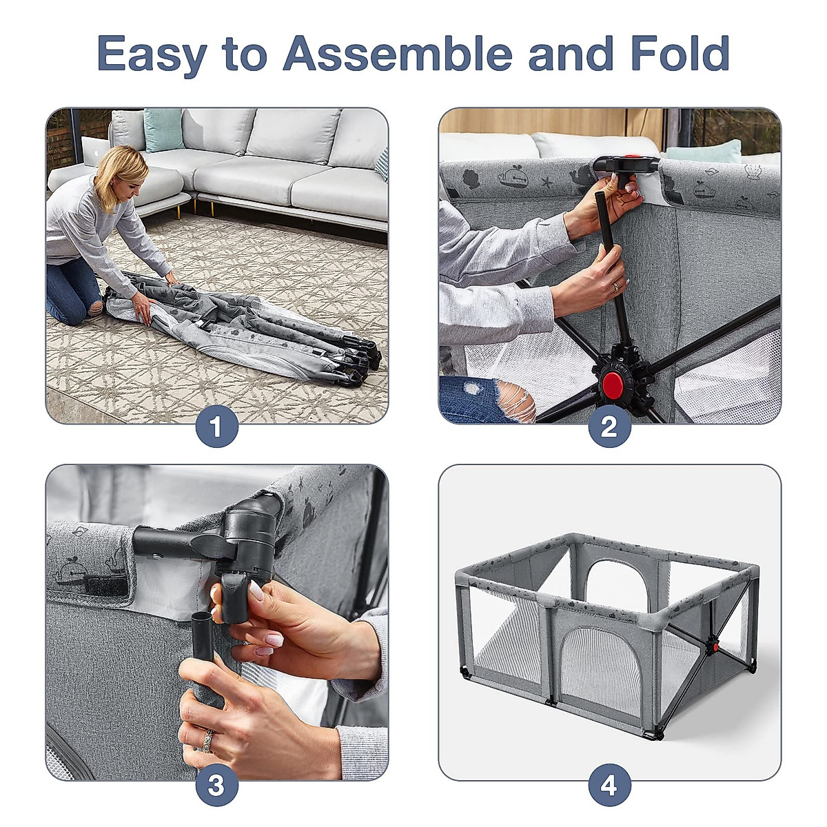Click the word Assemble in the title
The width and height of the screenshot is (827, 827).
coord(398,54)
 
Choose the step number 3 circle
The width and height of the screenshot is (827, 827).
coord(216,785)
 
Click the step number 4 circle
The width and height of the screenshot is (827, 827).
coord(609,785)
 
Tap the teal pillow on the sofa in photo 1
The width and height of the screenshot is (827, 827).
coord(163,130)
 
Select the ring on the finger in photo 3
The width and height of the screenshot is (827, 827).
coord(207,739)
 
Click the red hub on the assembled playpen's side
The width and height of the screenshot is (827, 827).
coord(716,647)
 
